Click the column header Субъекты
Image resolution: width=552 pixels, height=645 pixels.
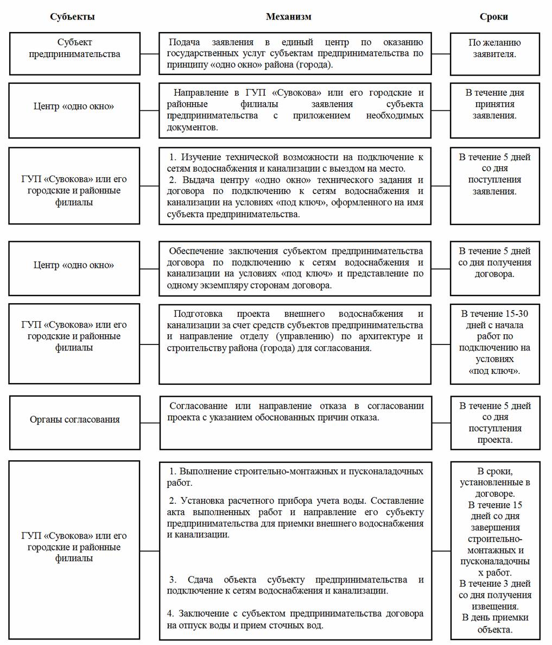(x=72, y=17)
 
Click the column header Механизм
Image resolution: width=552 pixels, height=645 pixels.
(x=288, y=17)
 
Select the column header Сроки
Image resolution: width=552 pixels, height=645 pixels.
(x=493, y=17)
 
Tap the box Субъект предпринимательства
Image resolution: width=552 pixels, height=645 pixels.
(x=74, y=53)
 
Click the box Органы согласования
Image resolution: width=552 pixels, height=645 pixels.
(x=74, y=422)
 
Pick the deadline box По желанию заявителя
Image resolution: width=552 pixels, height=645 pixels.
(x=494, y=53)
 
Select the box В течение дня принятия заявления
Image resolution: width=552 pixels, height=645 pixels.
(x=494, y=110)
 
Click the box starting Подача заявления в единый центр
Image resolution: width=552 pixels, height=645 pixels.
(x=295, y=53)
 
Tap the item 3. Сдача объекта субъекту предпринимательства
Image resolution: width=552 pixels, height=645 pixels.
(x=295, y=585)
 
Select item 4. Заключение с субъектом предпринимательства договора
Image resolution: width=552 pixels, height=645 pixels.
(x=295, y=619)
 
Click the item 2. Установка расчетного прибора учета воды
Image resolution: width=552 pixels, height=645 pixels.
(x=295, y=517)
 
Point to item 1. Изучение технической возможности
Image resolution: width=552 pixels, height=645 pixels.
(x=295, y=162)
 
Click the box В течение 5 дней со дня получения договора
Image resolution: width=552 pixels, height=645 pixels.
(x=494, y=268)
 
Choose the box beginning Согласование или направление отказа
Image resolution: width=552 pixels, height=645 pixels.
(x=295, y=422)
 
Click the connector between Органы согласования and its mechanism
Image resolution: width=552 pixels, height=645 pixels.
(x=150, y=422)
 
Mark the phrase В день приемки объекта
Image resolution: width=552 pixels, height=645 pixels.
(x=494, y=623)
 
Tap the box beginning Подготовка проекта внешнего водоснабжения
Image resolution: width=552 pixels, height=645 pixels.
(x=295, y=343)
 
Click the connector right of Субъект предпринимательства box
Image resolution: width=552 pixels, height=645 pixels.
(x=149, y=54)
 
